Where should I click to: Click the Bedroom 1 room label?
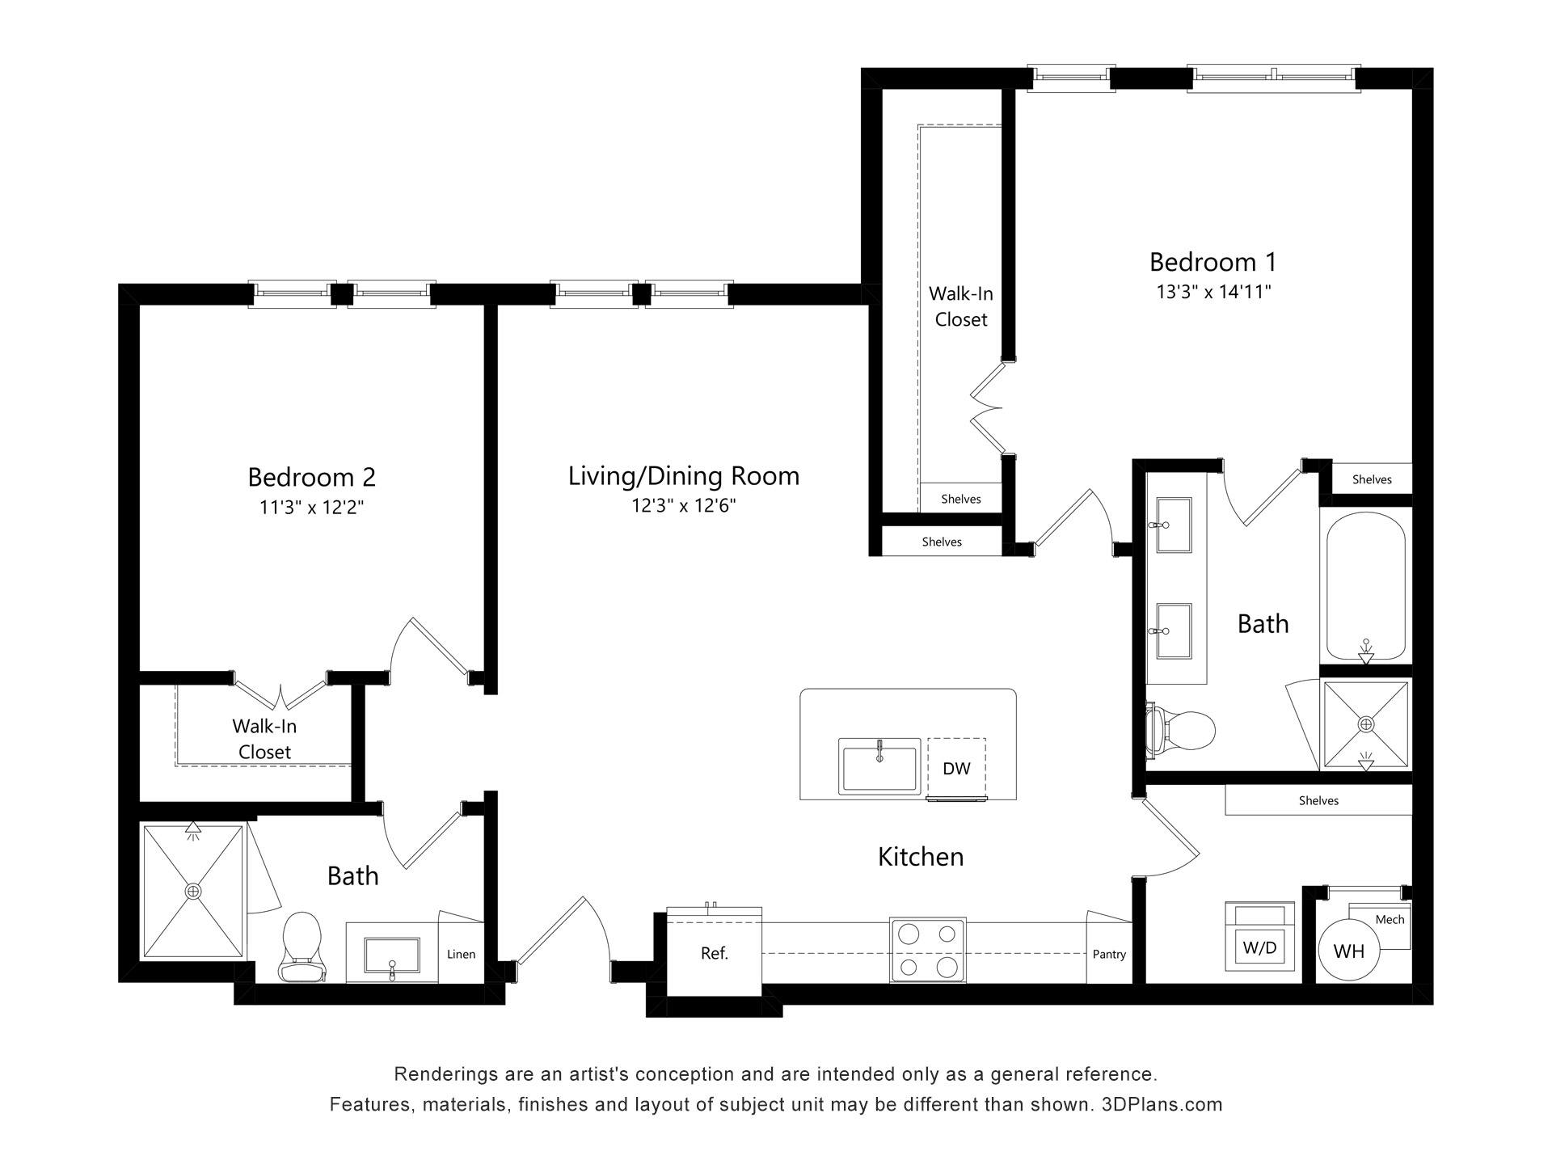[1212, 262]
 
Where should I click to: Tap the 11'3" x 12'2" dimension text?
[311, 507]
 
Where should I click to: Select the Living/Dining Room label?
[684, 476]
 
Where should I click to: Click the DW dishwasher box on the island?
[956, 767]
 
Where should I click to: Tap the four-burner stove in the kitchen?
[927, 950]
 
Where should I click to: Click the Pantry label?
[1109, 954]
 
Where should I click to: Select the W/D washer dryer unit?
[1259, 936]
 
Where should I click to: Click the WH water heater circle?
[1349, 951]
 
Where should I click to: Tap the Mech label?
[1390, 919]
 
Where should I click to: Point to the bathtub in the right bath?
[1365, 588]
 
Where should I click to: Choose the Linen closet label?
[461, 954]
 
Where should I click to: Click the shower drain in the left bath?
[193, 891]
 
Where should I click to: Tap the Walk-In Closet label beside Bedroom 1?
[961, 306]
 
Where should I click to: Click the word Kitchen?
[921, 857]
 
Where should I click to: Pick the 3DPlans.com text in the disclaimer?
[1162, 1104]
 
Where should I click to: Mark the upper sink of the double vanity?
[1174, 525]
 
